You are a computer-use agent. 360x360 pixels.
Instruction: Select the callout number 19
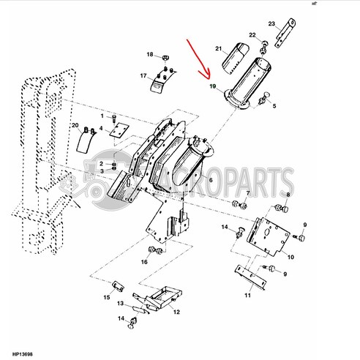(x=212, y=88)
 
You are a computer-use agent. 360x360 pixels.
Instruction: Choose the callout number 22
(x=252, y=34)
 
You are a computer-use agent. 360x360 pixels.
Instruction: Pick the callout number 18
(x=150, y=55)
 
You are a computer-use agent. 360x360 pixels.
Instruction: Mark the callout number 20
(x=75, y=127)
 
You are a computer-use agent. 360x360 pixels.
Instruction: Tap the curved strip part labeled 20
(x=85, y=140)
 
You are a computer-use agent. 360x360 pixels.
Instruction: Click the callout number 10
(x=290, y=257)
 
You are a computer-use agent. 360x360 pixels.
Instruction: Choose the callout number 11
(x=247, y=295)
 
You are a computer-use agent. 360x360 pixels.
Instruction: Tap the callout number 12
(x=176, y=312)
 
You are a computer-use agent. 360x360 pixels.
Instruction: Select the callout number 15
(x=106, y=299)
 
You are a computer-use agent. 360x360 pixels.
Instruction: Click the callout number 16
(x=144, y=261)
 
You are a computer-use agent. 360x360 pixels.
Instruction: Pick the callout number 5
(x=275, y=106)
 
